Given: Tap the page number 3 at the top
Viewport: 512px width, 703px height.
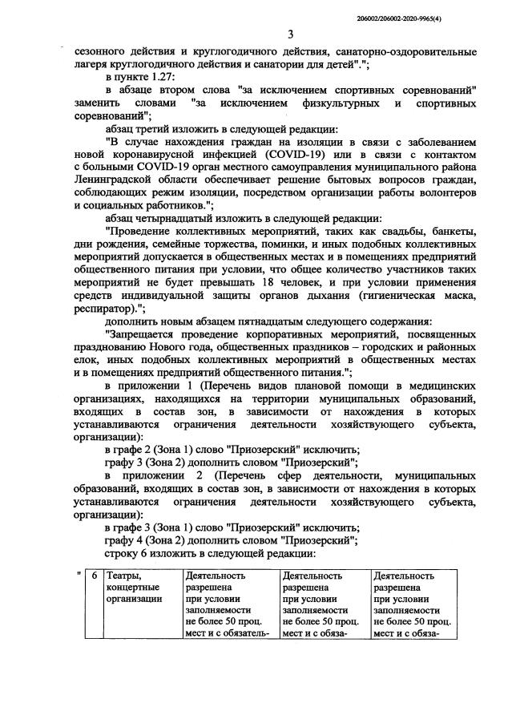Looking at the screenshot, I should (291, 33).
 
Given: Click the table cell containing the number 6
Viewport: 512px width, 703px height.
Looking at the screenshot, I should (94, 575).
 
